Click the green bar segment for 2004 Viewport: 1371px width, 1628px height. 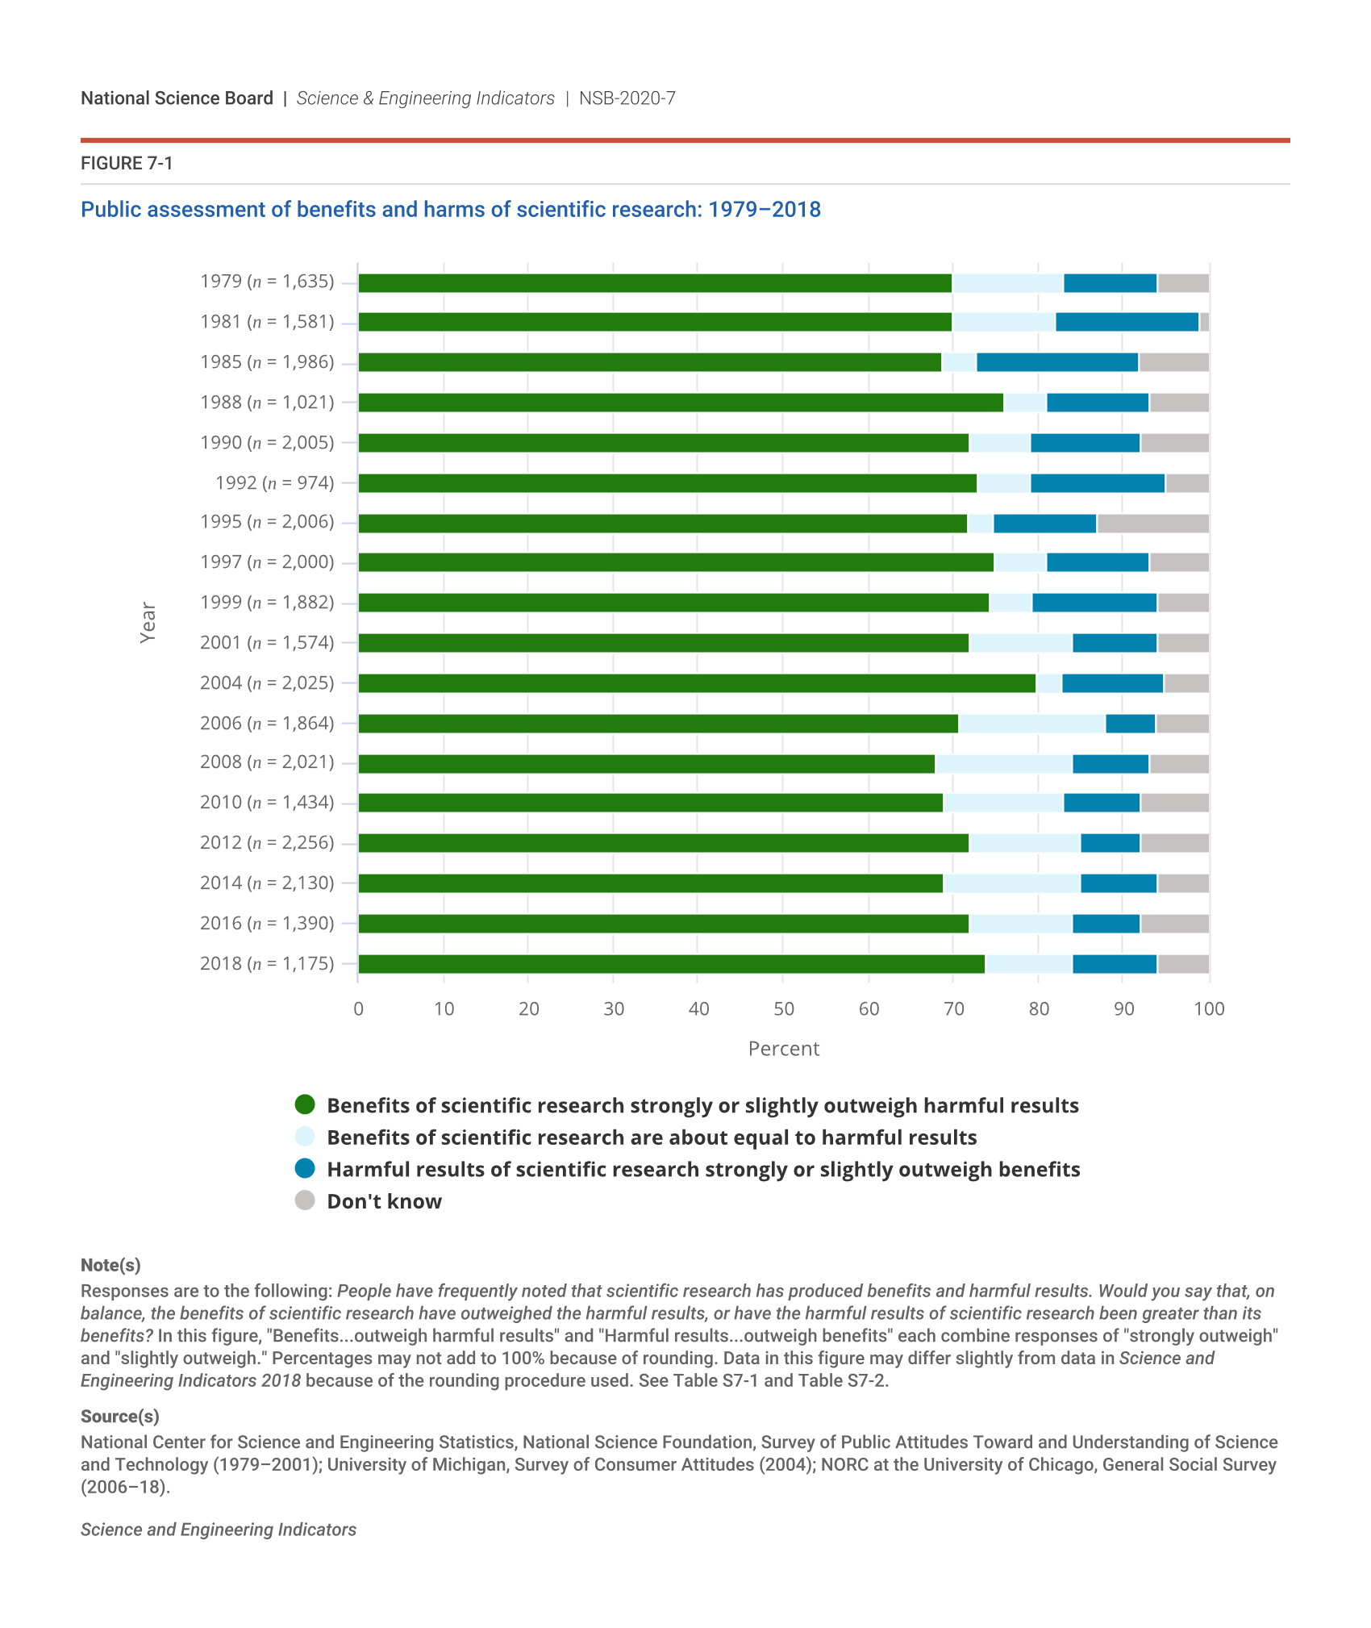(x=697, y=683)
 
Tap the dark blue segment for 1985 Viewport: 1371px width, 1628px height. (x=1057, y=362)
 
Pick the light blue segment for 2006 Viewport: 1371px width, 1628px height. (x=1031, y=724)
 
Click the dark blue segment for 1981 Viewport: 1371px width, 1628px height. (x=1127, y=322)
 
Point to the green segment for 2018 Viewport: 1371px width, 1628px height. (x=671, y=964)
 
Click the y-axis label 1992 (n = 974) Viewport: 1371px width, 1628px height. (x=274, y=482)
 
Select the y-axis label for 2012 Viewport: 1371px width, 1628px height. (x=267, y=842)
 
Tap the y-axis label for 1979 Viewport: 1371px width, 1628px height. (x=267, y=282)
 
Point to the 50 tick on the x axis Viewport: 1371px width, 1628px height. (x=783, y=1008)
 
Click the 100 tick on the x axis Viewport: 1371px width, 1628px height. (x=1209, y=1008)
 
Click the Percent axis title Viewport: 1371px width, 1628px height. (x=783, y=1049)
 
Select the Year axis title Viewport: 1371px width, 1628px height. (x=148, y=622)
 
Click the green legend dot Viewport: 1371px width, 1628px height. (x=305, y=1104)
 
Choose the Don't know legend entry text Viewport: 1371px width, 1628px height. (x=384, y=1201)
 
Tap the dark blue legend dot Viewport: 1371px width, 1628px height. (x=305, y=1169)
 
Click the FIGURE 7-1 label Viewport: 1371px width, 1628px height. (x=127, y=164)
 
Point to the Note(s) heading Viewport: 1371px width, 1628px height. (x=110, y=1265)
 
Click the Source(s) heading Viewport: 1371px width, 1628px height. (x=120, y=1417)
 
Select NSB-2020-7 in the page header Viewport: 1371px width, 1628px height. (x=627, y=98)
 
